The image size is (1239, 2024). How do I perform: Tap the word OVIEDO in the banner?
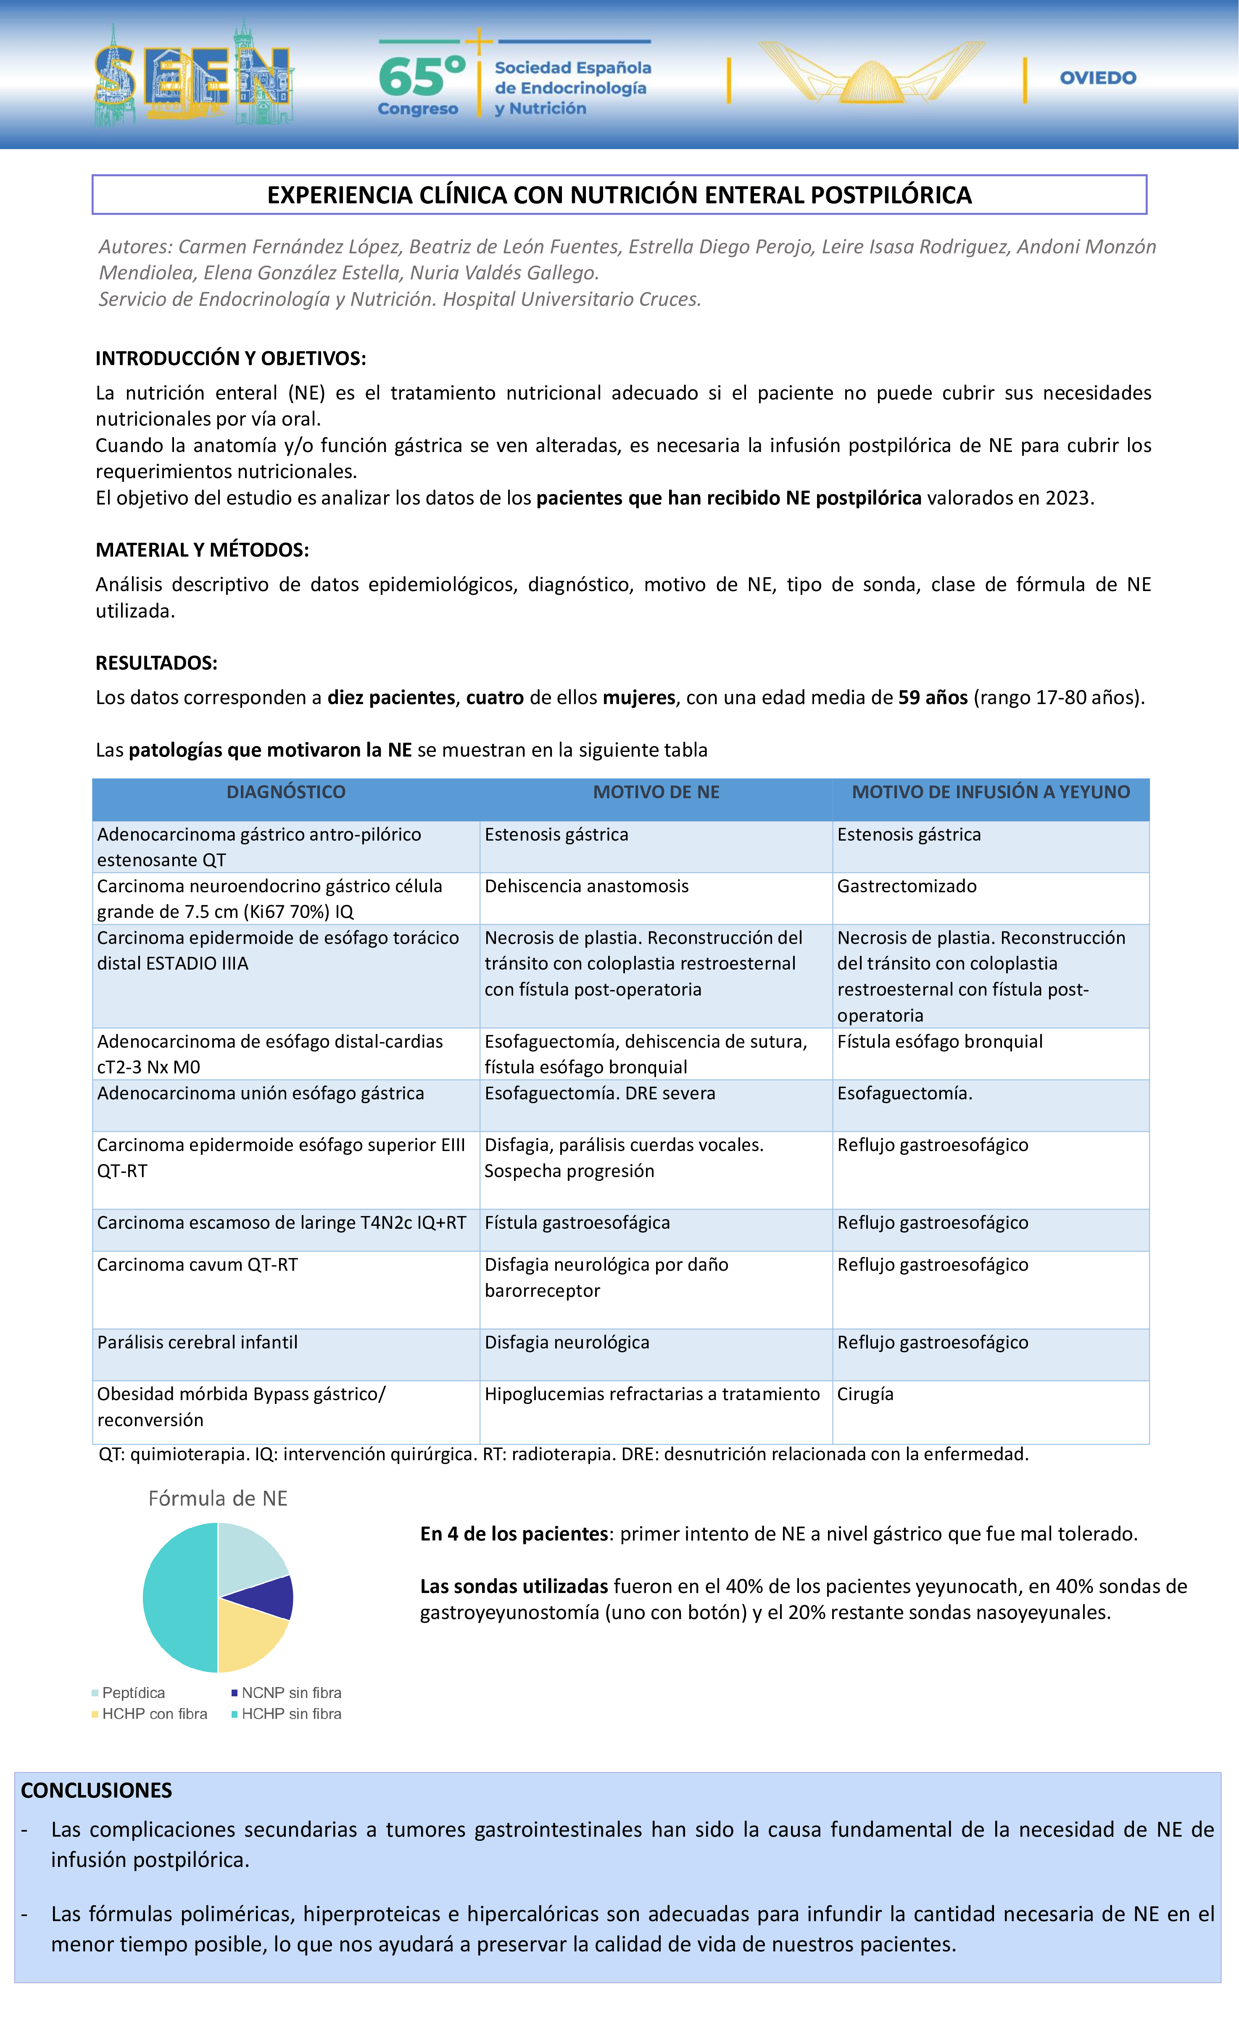pyautogui.click(x=1098, y=78)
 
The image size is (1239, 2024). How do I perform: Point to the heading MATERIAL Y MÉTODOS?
pyautogui.click(x=202, y=549)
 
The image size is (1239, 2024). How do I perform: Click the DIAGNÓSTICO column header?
pyautogui.click(x=286, y=792)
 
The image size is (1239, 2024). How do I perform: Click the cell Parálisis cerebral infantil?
pyautogui.click(x=197, y=1342)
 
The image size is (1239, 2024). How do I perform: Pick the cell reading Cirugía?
pyautogui.click(x=865, y=1394)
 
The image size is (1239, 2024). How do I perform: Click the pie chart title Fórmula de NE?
pyautogui.click(x=218, y=1498)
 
